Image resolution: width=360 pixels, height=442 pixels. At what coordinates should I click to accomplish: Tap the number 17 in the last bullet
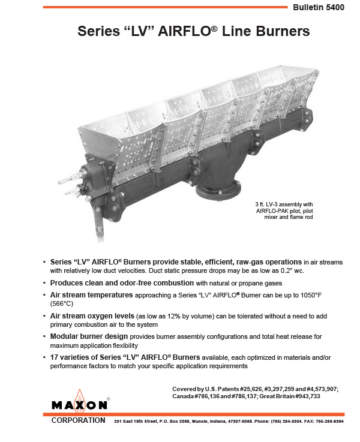point(55,357)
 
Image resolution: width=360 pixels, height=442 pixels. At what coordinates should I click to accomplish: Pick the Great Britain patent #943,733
point(322,397)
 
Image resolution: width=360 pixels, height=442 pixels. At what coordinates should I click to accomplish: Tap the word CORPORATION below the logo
point(79,420)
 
